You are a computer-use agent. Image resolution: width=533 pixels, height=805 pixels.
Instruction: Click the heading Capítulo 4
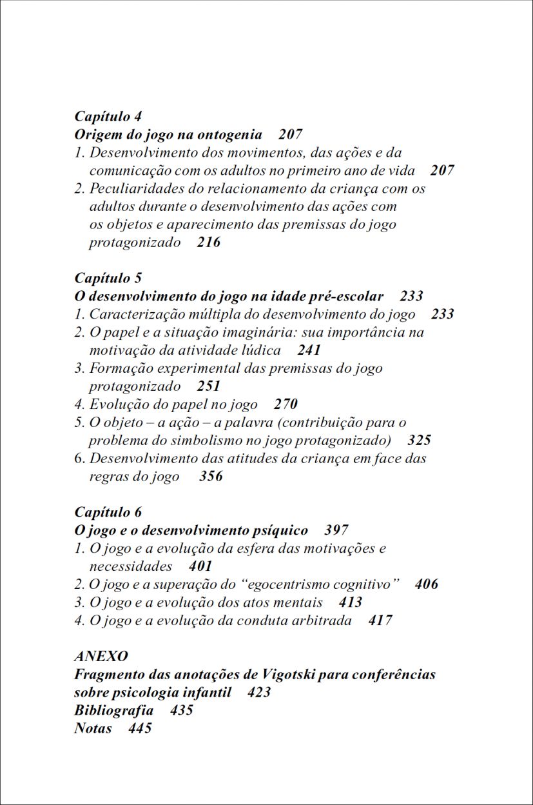[x=108, y=117]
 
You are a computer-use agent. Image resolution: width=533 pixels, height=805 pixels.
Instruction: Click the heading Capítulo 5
[x=108, y=278]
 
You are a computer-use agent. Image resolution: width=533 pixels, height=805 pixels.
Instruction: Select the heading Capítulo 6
[x=108, y=512]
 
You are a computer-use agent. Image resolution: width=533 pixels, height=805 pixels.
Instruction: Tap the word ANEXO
[x=101, y=656]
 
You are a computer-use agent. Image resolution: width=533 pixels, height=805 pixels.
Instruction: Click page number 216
[x=208, y=243]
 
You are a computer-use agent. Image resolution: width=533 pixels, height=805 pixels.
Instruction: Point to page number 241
[x=309, y=350]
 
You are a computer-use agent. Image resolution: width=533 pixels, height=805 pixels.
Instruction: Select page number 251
[x=208, y=386]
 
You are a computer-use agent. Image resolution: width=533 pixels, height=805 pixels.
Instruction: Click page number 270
[x=286, y=404]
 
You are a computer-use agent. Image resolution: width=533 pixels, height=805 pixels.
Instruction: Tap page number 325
[x=419, y=441]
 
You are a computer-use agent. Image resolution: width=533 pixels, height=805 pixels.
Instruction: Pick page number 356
[x=211, y=477]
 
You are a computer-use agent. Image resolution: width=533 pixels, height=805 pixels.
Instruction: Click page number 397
[x=336, y=530]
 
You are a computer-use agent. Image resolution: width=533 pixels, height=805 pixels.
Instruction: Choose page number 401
[x=200, y=566]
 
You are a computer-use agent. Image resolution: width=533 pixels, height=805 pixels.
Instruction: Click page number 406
[x=427, y=584]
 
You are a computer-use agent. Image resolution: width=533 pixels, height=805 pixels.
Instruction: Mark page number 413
[x=351, y=602]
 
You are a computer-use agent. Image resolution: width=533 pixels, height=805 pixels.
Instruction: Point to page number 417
[x=380, y=621]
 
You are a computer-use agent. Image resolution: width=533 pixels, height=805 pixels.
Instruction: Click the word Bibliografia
[x=113, y=710]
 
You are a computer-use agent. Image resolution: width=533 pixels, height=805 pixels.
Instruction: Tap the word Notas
[x=93, y=728]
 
